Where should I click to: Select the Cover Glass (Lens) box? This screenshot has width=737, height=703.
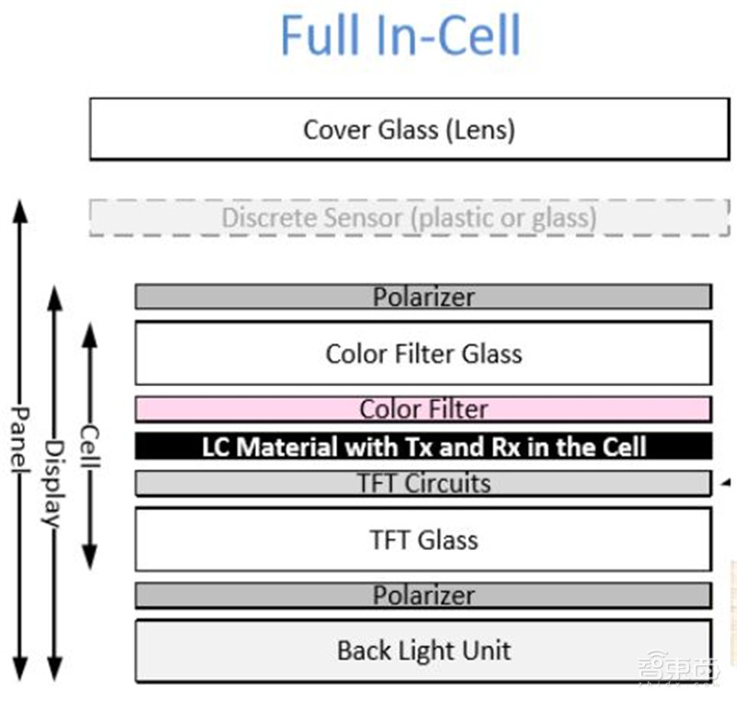409,129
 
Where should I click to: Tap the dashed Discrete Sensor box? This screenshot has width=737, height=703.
409,218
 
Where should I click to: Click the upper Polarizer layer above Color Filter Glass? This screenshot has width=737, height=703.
424,297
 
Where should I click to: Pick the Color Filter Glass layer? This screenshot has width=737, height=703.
424,353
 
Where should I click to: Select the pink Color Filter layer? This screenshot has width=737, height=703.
424,408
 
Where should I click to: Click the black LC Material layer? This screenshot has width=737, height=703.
424,447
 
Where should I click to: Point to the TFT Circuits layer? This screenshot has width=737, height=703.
424,483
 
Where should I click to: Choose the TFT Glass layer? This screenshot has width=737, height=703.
424,539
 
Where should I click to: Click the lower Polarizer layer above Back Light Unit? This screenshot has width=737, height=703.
424,595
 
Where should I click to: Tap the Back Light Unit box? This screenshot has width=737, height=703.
424,650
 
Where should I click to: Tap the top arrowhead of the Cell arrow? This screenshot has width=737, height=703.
89,332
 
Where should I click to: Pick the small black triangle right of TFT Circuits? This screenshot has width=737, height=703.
726,482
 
